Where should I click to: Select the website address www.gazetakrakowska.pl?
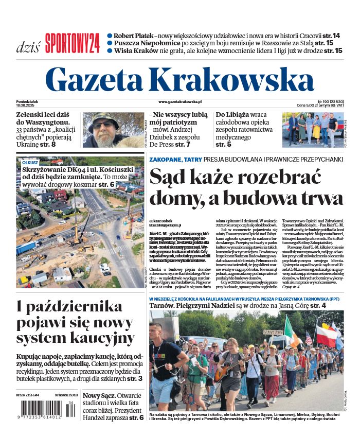(180, 102)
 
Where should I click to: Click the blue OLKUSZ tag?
(30, 162)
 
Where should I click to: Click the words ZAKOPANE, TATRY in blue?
(175, 160)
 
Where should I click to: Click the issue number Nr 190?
(323, 101)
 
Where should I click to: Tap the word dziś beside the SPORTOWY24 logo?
(29, 47)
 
